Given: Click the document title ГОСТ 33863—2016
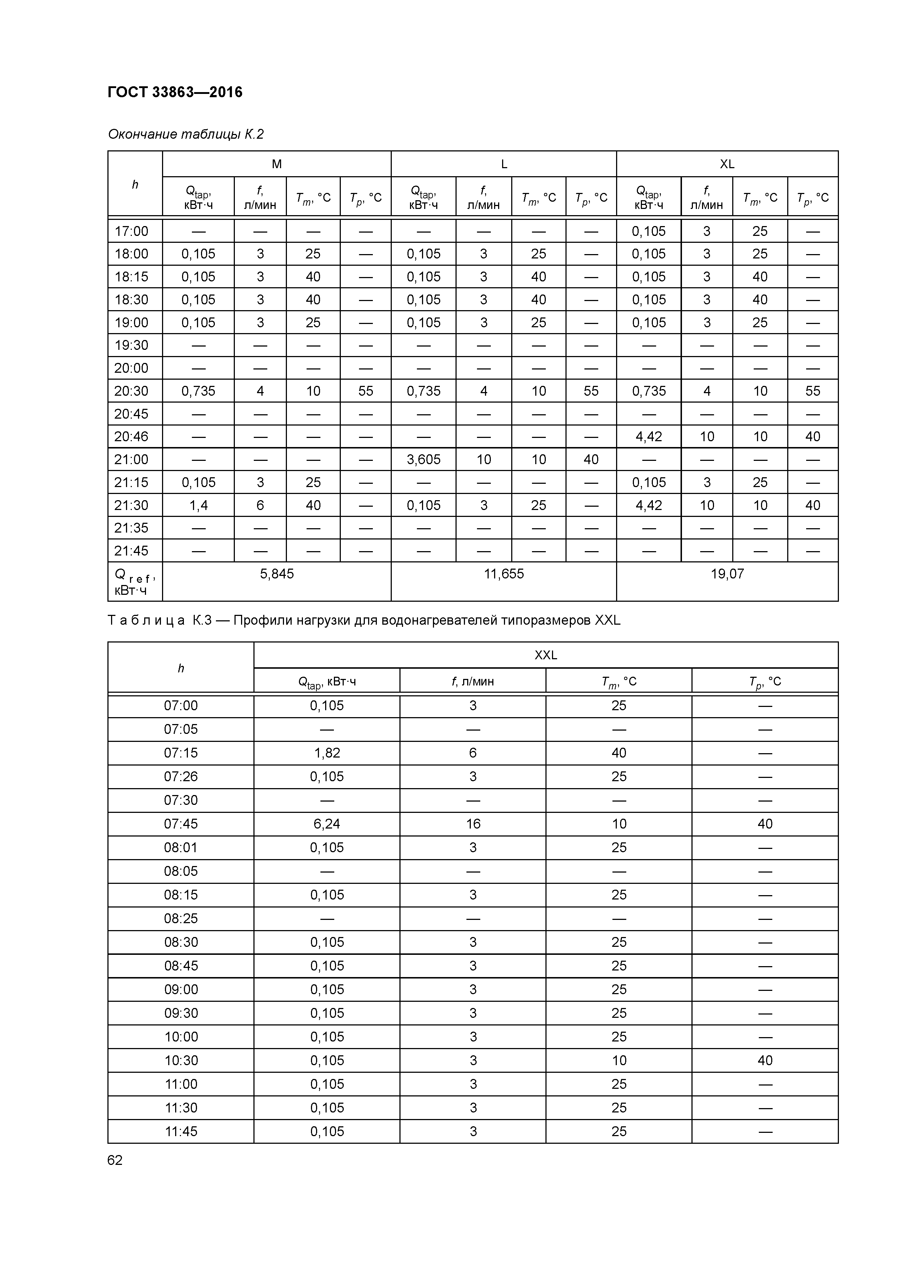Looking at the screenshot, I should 175,92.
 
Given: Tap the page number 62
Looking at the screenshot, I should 115,1160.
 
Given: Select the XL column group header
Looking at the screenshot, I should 727,164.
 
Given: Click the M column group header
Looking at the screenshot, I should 276,164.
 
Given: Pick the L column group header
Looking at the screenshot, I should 504,164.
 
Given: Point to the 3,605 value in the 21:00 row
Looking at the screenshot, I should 423,459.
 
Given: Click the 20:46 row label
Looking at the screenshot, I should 131,436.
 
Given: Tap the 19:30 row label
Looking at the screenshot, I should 131,345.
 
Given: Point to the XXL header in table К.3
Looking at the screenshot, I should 545,655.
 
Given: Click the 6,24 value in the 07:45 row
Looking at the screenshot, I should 327,824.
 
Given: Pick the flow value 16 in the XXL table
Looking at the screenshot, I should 473,824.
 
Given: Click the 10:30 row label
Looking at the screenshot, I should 181,1060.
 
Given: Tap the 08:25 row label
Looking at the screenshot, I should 181,918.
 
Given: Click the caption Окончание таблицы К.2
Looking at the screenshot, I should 185,134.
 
